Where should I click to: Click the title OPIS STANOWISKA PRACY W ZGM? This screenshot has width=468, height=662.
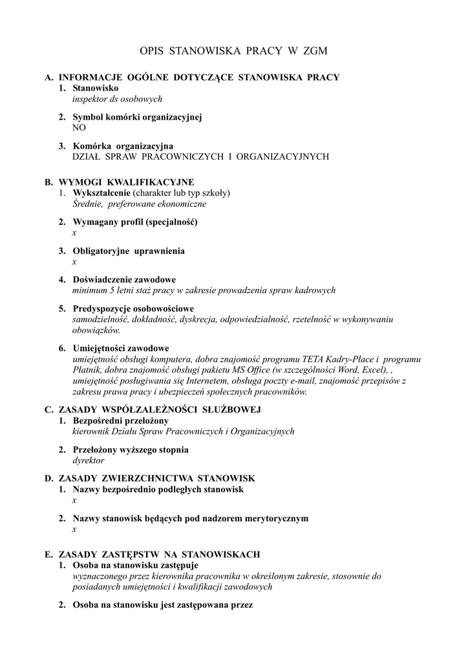pyautogui.click(x=234, y=50)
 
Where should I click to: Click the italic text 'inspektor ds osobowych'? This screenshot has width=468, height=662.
pyautogui.click(x=117, y=99)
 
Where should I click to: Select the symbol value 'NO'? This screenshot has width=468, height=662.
pyautogui.click(x=79, y=127)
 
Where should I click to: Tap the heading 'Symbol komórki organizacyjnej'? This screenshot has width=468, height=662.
pyautogui.click(x=138, y=117)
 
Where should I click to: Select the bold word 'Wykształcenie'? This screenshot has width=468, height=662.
pyautogui.click(x=102, y=193)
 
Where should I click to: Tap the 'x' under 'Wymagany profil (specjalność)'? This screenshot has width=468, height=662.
pyautogui.click(x=74, y=232)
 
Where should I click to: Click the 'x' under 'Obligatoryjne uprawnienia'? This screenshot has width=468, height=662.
pyautogui.click(x=74, y=261)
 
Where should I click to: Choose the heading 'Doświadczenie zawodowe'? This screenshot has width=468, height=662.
pyautogui.click(x=125, y=280)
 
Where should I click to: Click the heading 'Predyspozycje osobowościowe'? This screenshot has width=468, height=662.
pyautogui.click(x=133, y=308)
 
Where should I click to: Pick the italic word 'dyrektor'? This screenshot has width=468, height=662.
pyautogui.click(x=89, y=460)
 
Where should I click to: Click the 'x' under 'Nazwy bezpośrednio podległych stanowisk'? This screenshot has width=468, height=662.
pyautogui.click(x=74, y=500)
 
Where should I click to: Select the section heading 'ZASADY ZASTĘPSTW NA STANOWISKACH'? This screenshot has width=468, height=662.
pyautogui.click(x=159, y=554)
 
